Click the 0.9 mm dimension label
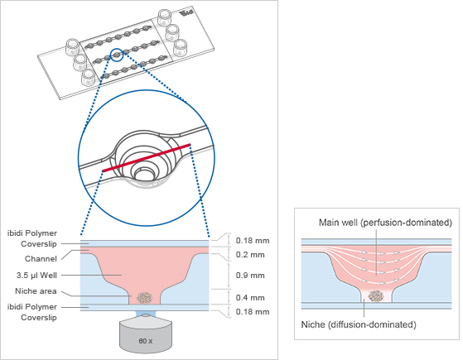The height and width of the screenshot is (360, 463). (x=250, y=276)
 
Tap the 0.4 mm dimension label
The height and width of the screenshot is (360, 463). (x=250, y=297)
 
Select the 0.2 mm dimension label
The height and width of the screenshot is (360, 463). (x=250, y=254)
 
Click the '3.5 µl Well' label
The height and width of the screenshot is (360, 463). (x=36, y=276)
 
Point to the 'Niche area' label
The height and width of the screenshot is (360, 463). (x=36, y=291)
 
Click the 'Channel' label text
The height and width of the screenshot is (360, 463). (x=41, y=259)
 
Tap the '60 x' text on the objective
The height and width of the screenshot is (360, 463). (x=146, y=341)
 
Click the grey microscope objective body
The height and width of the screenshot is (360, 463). (x=146, y=335)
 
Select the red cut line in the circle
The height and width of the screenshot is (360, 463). (x=146, y=157)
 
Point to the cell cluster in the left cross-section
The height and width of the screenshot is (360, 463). (x=144, y=298)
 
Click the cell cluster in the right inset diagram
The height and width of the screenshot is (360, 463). (x=376, y=296)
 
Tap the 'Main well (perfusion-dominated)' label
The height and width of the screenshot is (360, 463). (x=385, y=222)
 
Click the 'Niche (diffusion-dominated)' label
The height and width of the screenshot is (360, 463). (x=359, y=324)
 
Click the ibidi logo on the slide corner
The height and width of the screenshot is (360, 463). (x=186, y=13)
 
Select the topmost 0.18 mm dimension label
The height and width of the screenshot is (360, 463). (x=253, y=241)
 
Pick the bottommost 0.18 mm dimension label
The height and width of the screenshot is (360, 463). (x=253, y=312)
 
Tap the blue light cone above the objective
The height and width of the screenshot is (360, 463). (x=145, y=314)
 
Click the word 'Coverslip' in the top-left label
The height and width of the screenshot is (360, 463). (x=39, y=244)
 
